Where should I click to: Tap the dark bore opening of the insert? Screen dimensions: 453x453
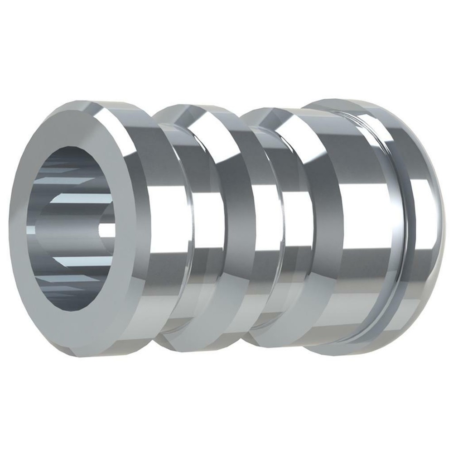[x=72, y=226]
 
